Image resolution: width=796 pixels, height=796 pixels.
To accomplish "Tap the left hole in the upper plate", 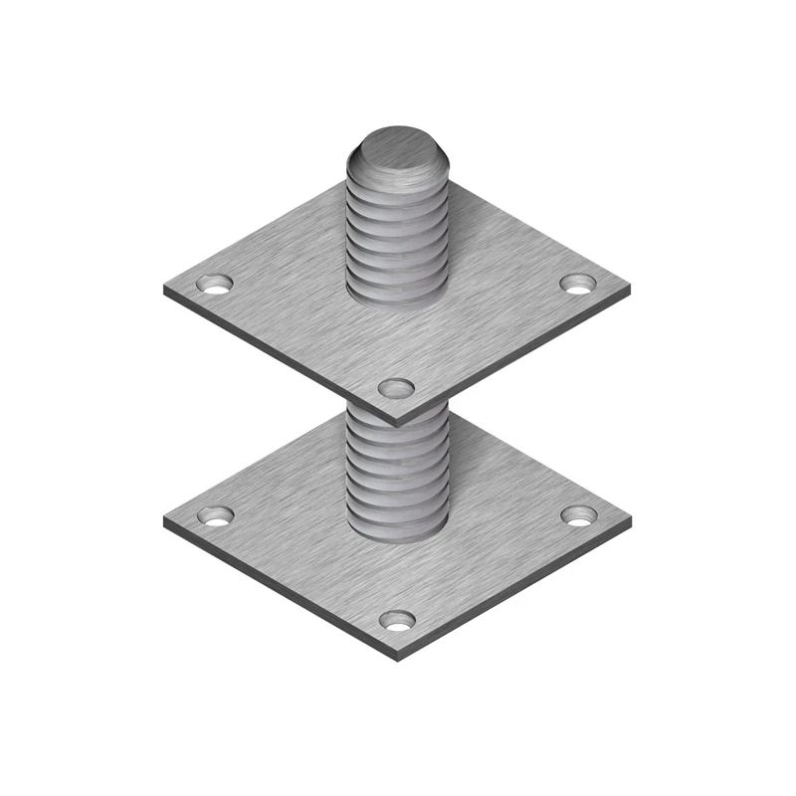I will point(214,284).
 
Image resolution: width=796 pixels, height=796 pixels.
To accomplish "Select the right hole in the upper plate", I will point(577,284).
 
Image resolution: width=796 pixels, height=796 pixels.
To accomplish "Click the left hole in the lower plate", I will point(214,515).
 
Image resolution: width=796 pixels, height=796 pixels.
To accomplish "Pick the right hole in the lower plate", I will point(578,514).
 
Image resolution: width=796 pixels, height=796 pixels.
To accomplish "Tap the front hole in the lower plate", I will point(397,620).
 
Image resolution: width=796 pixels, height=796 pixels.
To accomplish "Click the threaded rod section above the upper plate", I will point(396,239).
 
